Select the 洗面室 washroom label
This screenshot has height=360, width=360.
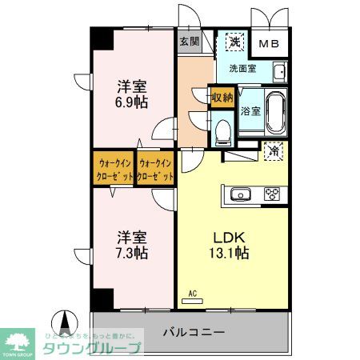click(x=242, y=70)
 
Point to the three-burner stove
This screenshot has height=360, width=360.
click(x=272, y=194)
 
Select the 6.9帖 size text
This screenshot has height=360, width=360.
click(x=130, y=101)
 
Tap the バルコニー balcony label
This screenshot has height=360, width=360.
click(x=194, y=332)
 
